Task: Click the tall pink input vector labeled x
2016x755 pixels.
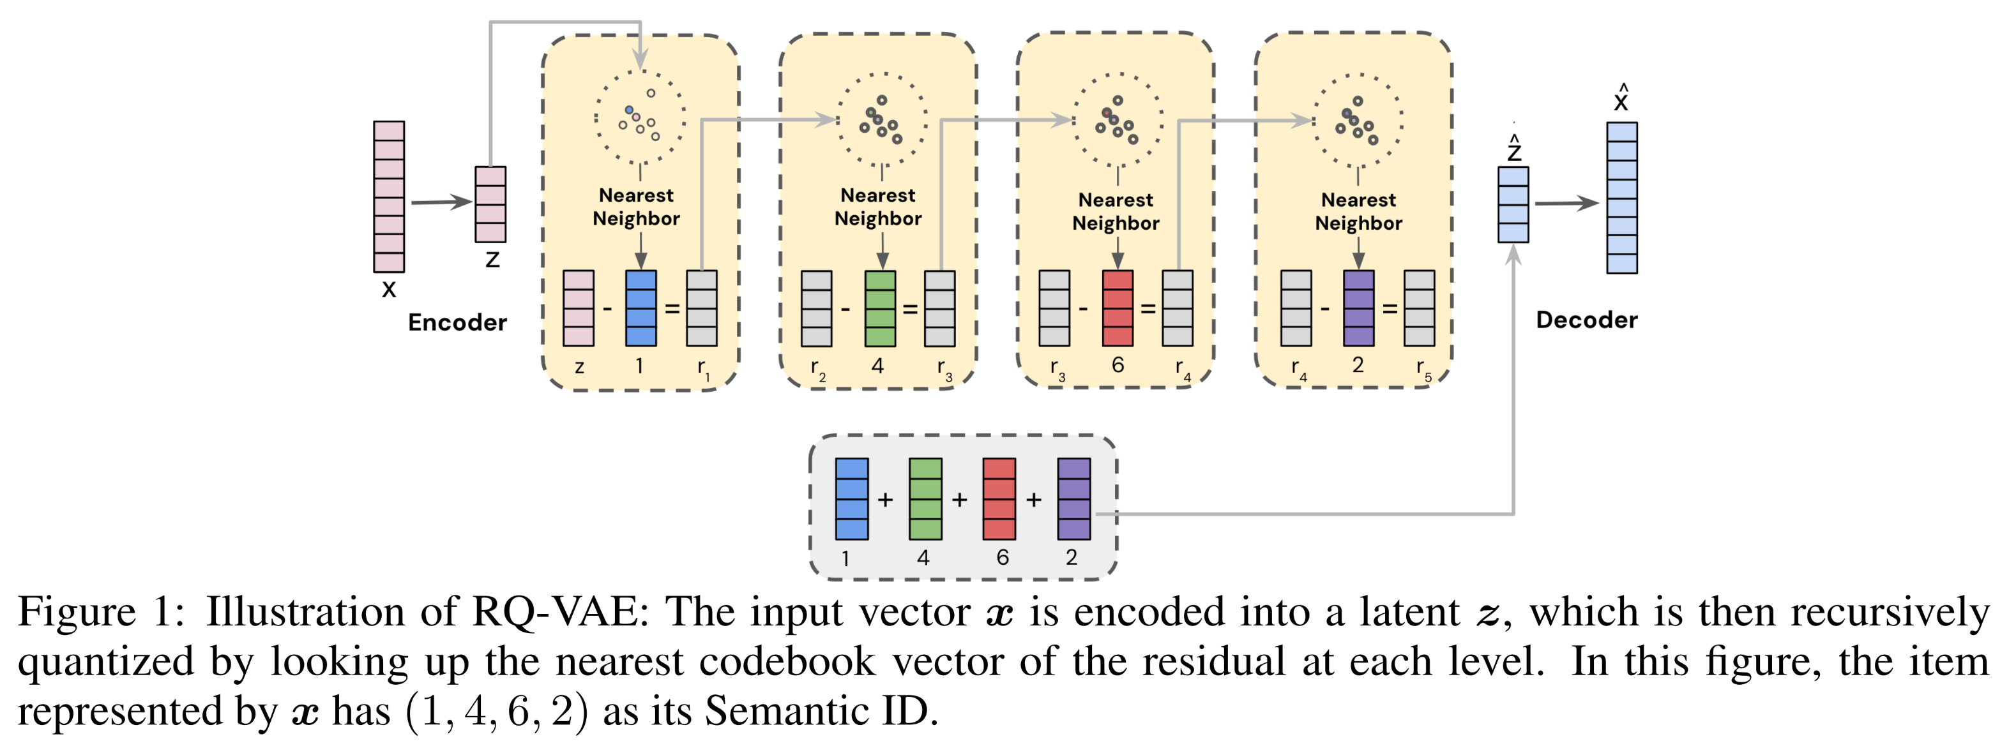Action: click(388, 197)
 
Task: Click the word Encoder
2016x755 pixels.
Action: click(457, 322)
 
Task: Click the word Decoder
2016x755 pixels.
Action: click(1586, 320)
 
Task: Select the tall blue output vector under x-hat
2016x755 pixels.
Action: click(1621, 197)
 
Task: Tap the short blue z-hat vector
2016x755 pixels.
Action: click(1513, 204)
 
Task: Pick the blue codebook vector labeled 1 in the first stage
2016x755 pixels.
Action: click(641, 308)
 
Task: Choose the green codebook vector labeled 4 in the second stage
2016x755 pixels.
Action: click(880, 308)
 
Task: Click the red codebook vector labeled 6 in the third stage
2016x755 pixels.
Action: click(1117, 308)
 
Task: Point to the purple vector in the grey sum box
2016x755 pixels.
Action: click(1073, 498)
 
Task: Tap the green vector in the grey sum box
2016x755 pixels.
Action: click(925, 498)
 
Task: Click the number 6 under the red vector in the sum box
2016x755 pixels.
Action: click(1003, 557)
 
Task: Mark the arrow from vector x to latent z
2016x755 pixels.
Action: click(440, 203)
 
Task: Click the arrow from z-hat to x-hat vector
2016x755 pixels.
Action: click(1565, 204)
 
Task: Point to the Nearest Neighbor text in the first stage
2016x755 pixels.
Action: click(636, 207)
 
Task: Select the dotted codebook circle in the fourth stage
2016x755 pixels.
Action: click(1358, 121)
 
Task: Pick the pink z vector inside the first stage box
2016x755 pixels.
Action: click(579, 308)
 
